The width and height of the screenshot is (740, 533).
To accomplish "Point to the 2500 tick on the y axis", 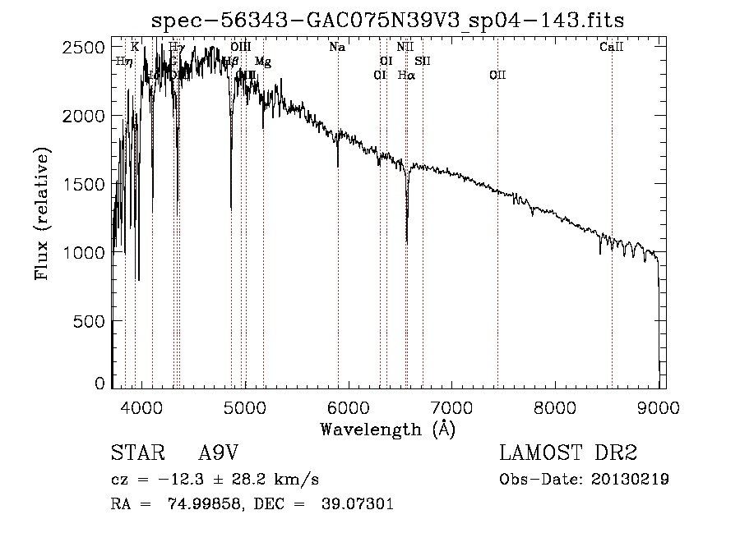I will tap(85, 48).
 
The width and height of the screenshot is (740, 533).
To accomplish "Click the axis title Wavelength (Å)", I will tap(387, 429).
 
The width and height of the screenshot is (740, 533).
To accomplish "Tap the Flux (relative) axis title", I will tap(41, 214).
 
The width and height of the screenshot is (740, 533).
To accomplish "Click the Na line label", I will tap(337, 48).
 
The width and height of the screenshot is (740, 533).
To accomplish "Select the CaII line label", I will tap(612, 48).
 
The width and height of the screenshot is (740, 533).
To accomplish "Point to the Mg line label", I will tap(263, 62).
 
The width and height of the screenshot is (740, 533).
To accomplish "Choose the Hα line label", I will tap(406, 76).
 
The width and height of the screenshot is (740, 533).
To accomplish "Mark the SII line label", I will tap(423, 62).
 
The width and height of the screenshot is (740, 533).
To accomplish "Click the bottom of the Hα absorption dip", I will tap(407, 241).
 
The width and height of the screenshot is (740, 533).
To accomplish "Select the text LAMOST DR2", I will tap(568, 453).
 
